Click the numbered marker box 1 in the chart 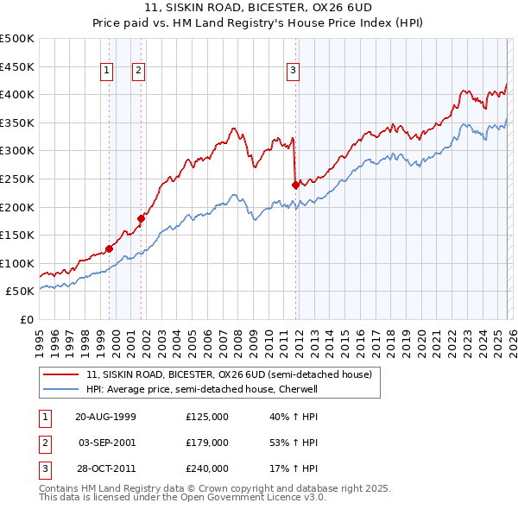click(x=107, y=72)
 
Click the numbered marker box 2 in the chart click(x=138, y=72)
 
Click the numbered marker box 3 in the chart click(x=293, y=72)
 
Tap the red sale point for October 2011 click(x=295, y=185)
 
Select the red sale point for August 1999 click(x=109, y=249)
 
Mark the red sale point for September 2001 click(x=141, y=219)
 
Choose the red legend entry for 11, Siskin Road click(x=229, y=375)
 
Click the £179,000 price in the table click(x=207, y=443)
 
